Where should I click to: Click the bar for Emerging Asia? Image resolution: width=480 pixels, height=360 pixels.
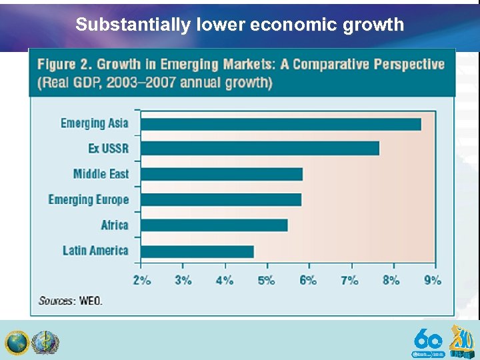click(x=281, y=124)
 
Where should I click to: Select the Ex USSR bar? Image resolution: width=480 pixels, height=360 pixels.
click(x=260, y=148)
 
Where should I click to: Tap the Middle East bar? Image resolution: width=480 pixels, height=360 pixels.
click(x=221, y=174)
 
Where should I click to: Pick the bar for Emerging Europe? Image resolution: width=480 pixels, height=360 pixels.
click(x=221, y=199)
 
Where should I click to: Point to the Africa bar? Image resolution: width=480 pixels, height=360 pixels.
click(x=214, y=225)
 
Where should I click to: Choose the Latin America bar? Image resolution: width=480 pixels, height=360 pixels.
click(x=197, y=251)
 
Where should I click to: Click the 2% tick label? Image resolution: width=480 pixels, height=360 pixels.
click(x=141, y=280)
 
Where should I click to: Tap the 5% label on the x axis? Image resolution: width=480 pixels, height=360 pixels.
click(x=266, y=280)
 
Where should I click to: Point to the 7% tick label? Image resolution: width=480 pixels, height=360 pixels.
click(x=349, y=280)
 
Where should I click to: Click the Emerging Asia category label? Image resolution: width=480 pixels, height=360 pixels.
click(x=94, y=123)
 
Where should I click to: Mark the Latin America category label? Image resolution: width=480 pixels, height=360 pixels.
click(x=95, y=251)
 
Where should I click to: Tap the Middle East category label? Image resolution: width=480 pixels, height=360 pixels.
click(x=101, y=174)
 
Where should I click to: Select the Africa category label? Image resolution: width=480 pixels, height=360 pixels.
click(x=114, y=225)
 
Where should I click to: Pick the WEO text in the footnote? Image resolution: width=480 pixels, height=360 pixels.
click(x=91, y=301)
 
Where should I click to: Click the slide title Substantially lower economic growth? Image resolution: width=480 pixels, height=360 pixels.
click(x=239, y=25)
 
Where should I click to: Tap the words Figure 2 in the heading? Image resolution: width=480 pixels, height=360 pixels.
click(x=64, y=65)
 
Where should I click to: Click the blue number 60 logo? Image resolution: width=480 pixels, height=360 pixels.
click(x=427, y=339)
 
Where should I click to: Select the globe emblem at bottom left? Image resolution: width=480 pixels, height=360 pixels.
click(x=16, y=343)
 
